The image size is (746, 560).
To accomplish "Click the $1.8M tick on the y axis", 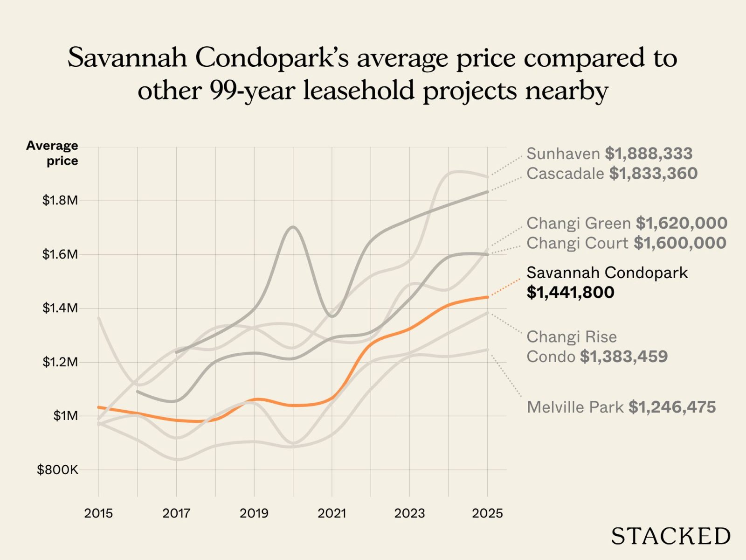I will pyautogui.click(x=60, y=201).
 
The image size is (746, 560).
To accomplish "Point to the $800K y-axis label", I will pyautogui.click(x=58, y=469).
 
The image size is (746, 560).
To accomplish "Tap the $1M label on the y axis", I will pyautogui.click(x=65, y=416).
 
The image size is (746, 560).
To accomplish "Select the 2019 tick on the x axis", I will pyautogui.click(x=254, y=513).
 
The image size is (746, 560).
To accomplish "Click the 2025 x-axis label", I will pyautogui.click(x=487, y=513).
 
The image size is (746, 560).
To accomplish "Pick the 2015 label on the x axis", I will pyautogui.click(x=98, y=513).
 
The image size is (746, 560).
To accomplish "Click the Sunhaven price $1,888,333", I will pyautogui.click(x=649, y=154).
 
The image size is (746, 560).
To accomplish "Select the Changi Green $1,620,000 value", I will pyautogui.click(x=682, y=223).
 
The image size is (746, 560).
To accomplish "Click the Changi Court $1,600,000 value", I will pyautogui.click(x=680, y=243).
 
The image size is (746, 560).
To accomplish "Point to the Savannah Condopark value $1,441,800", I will pyautogui.click(x=570, y=293).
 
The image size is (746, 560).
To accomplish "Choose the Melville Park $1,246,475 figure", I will pyautogui.click(x=672, y=407).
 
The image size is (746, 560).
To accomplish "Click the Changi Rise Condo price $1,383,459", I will pyautogui.click(x=624, y=357).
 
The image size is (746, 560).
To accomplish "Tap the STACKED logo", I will pyautogui.click(x=670, y=536).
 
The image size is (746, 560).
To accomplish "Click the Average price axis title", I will pyautogui.click(x=52, y=153).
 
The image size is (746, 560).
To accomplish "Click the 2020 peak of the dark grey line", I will pyautogui.click(x=293, y=227).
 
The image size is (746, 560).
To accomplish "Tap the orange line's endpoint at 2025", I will pyautogui.click(x=487, y=297).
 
